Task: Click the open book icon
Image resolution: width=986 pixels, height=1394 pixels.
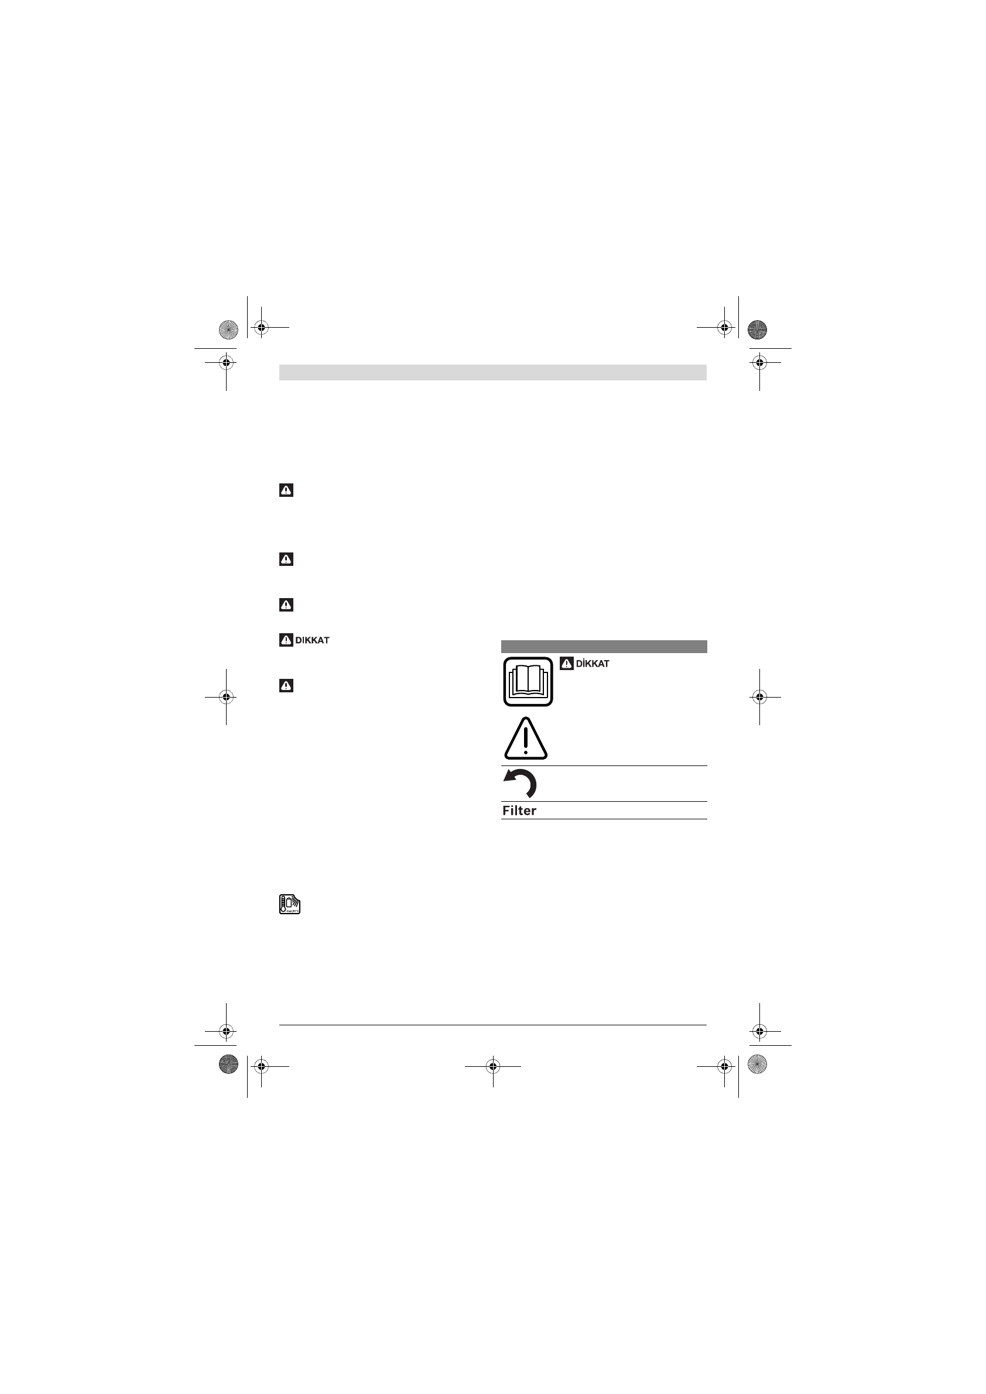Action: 528,682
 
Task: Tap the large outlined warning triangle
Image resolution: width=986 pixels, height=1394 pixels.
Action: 526,739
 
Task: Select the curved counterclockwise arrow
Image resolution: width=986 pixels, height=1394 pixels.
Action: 521,783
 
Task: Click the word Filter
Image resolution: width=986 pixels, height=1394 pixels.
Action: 519,811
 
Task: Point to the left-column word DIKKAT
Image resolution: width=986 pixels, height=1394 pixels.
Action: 312,640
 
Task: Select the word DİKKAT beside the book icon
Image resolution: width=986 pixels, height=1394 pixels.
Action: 593,664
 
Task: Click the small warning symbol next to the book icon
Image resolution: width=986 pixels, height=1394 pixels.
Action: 567,664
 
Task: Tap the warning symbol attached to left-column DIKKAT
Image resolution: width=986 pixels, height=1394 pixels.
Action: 286,640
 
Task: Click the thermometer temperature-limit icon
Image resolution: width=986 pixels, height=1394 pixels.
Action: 290,904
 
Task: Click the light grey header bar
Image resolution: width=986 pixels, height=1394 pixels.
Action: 492,372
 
